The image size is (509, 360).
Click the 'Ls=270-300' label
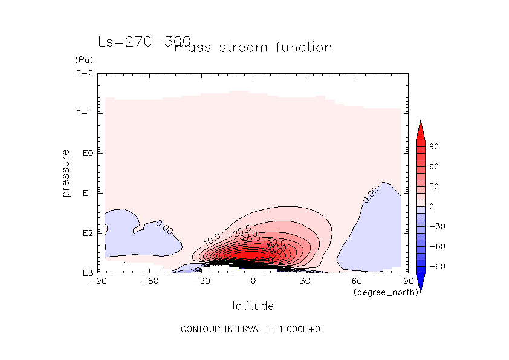(x=143, y=42)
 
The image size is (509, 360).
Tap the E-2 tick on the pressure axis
(x=84, y=74)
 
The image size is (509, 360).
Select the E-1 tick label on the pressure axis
(x=84, y=114)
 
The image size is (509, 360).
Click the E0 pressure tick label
(x=86, y=154)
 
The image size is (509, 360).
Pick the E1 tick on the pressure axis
(x=86, y=193)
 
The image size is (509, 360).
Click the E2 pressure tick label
(x=86, y=233)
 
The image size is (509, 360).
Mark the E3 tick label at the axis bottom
(x=86, y=273)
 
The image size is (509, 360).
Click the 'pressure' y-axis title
(x=66, y=173)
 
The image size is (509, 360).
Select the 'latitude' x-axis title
(x=253, y=306)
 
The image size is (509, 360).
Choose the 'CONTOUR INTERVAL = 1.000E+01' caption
(x=254, y=329)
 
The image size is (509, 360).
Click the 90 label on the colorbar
(x=434, y=147)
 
